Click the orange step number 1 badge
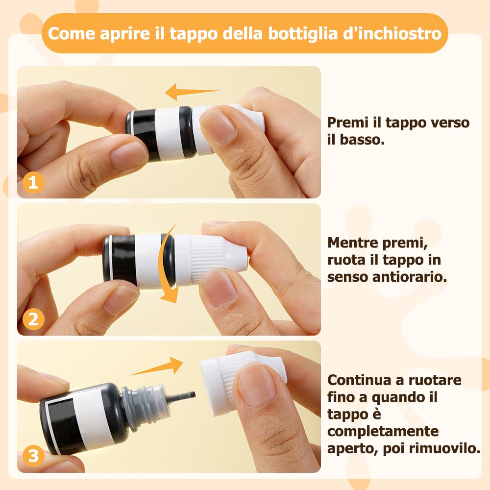tap(33, 182)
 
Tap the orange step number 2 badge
tap(33, 319)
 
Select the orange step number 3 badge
tap(33, 456)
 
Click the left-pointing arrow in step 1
tap(192, 92)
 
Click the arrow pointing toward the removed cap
tap(156, 366)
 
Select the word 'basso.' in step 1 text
tap(362, 140)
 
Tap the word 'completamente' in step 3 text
tap(383, 432)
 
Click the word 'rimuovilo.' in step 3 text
tap(445, 448)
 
